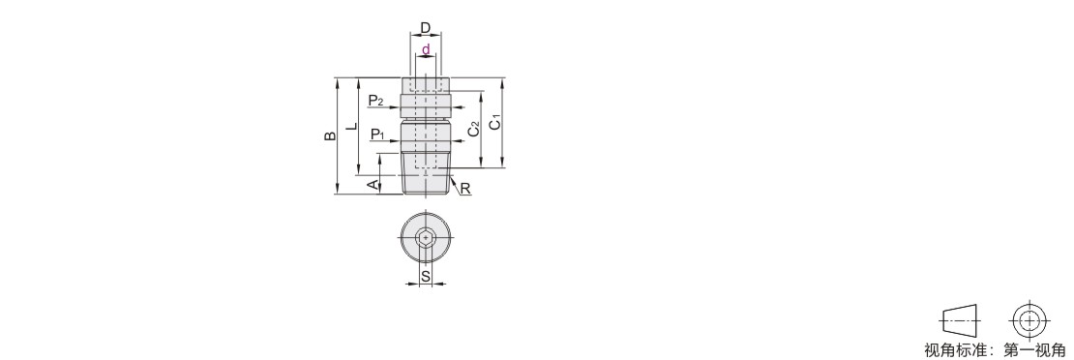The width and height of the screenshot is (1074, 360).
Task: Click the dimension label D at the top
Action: coord(426,28)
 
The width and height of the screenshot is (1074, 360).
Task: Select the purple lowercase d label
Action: coord(426,49)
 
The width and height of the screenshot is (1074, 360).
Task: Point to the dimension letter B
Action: coord(330,135)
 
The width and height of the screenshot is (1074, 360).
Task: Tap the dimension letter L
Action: coord(351,126)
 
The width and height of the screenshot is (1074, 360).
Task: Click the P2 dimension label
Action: coord(376,102)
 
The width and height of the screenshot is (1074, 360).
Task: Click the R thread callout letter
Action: coord(465,188)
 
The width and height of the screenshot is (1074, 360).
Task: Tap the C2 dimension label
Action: coord(473,129)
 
